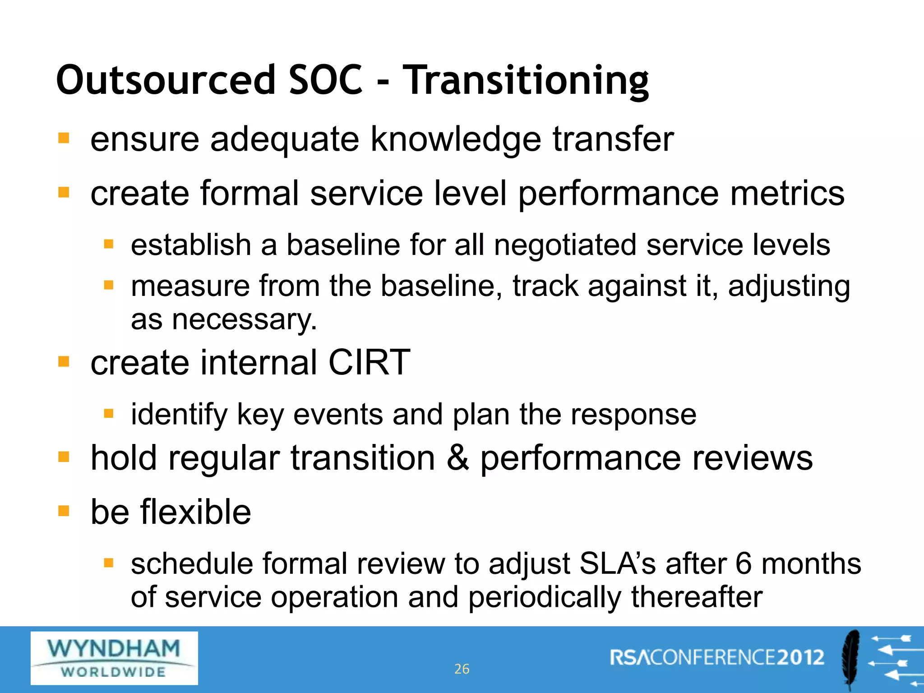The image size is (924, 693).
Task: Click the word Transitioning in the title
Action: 526,81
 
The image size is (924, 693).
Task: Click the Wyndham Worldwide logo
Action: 114,658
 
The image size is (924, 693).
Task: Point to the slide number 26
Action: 462,669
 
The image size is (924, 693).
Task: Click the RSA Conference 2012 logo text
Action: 717,657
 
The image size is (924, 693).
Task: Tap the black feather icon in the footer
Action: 851,659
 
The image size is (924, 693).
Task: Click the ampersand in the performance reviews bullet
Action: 457,458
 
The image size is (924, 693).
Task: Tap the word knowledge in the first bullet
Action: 456,139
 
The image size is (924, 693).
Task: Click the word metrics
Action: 787,194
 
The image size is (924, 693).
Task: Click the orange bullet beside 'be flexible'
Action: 64,511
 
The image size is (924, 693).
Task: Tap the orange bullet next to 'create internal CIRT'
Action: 64,361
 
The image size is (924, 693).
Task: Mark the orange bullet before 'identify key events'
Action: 108,413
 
